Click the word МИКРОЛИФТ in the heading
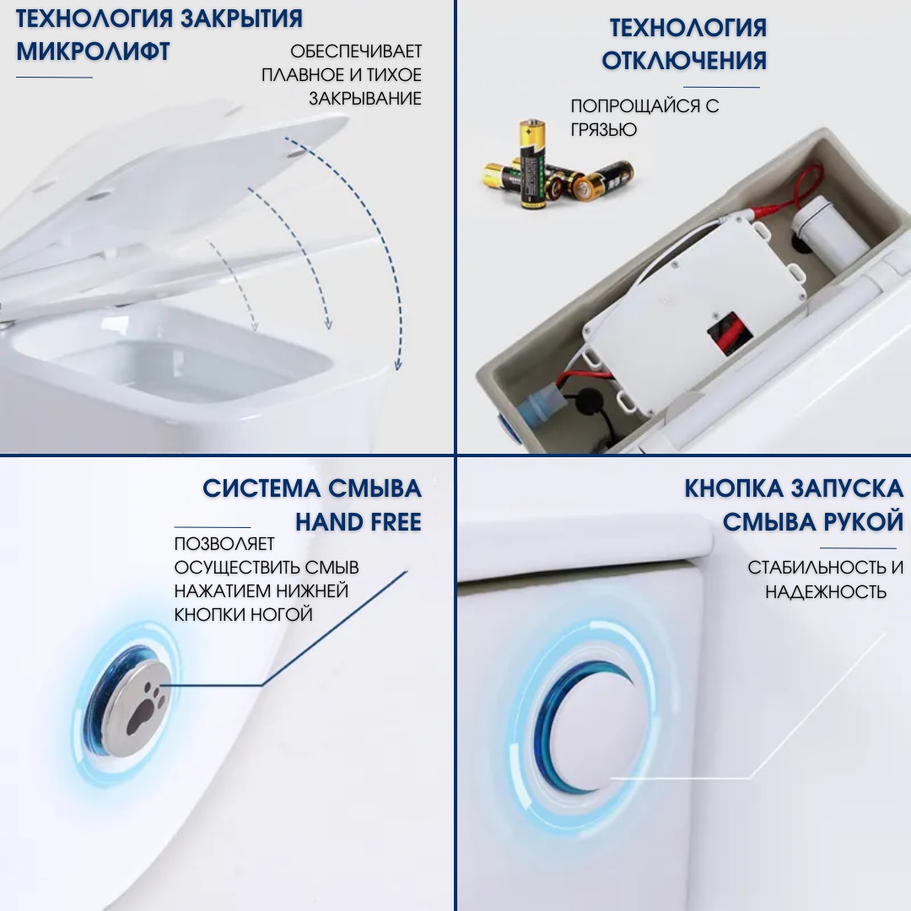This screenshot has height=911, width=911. pyautogui.click(x=94, y=51)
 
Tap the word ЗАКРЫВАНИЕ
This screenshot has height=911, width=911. pyautogui.click(x=364, y=99)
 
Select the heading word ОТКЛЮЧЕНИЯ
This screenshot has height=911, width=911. pyautogui.click(x=684, y=61)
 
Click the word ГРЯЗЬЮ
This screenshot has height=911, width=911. pyautogui.click(x=604, y=130)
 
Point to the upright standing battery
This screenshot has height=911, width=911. pyautogui.click(x=532, y=164)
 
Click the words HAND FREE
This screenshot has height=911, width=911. pyautogui.click(x=358, y=522)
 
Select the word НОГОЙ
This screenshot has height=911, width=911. pyautogui.click(x=282, y=614)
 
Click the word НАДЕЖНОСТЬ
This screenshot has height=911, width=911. pyautogui.click(x=826, y=591)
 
